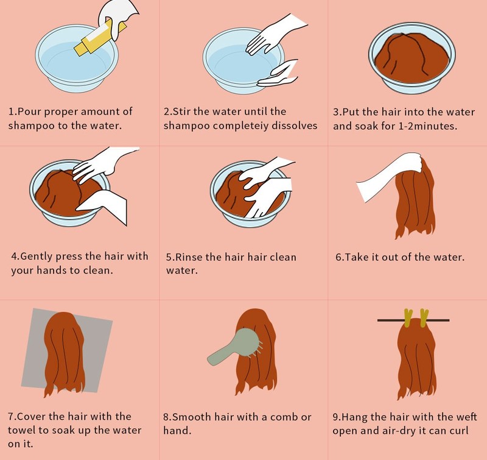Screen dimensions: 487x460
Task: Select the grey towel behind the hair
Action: pyautogui.click(x=66, y=350)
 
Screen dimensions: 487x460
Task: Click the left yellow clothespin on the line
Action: pyautogui.click(x=408, y=318)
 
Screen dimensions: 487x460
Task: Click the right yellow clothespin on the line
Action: pyautogui.click(x=424, y=318)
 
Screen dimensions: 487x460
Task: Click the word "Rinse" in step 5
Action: pyautogui.click(x=189, y=257)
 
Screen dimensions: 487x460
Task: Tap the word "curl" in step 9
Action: pyautogui.click(x=458, y=431)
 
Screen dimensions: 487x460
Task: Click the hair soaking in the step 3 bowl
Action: pyautogui.click(x=412, y=57)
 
